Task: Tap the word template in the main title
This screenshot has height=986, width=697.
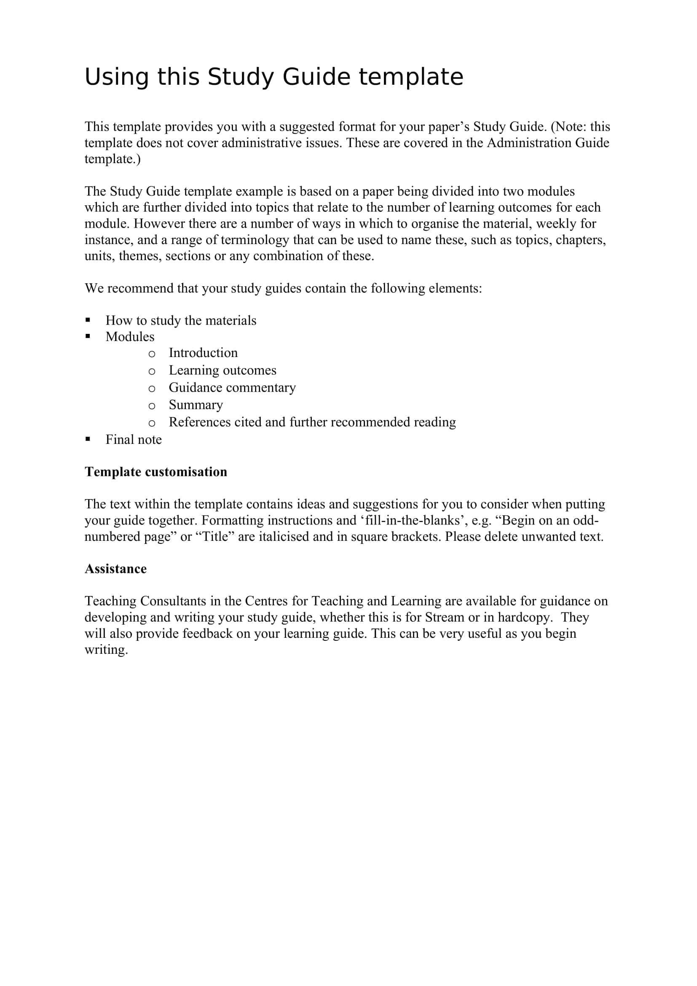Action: pos(411,77)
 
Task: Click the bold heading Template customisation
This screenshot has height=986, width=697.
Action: pos(156,472)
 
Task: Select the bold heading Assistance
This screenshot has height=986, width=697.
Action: pos(115,569)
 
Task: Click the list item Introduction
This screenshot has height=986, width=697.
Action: pos(203,352)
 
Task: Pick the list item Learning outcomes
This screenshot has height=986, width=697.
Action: pos(223,370)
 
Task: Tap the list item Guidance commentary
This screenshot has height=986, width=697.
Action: pos(232,387)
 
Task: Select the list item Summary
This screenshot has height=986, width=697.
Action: pos(196,405)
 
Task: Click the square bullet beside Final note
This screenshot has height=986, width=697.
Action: pos(88,439)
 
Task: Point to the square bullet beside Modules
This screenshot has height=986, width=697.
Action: pos(88,336)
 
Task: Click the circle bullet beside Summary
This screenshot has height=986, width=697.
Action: pos(152,406)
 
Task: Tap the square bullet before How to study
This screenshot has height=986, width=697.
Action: pos(88,320)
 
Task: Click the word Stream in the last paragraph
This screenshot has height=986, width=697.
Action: pos(445,617)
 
